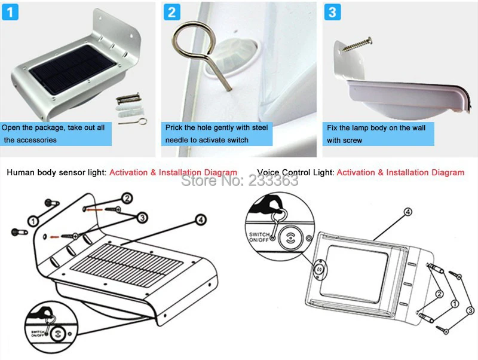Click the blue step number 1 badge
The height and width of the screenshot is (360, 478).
pos(11,12)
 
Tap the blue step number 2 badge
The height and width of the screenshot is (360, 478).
pos(172,12)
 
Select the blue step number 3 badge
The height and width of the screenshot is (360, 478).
pos(333,12)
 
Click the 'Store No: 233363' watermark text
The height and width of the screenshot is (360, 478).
pos(239,180)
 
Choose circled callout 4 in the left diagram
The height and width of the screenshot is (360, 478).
pos(200,221)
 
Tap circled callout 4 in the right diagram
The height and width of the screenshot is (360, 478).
pos(408,211)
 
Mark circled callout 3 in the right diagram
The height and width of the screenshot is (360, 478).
pos(469,310)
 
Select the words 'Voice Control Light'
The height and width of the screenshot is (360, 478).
pos(295,173)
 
